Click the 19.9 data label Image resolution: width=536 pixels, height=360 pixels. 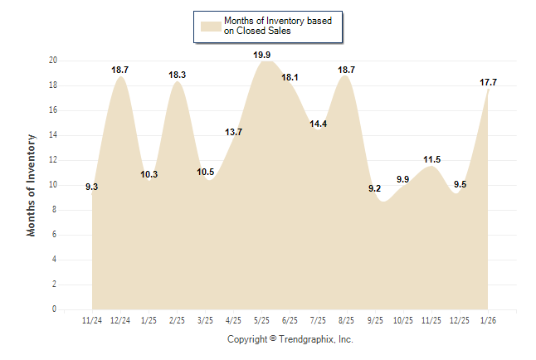pyautogui.click(x=262, y=56)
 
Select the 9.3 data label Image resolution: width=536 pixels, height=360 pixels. pyautogui.click(x=92, y=187)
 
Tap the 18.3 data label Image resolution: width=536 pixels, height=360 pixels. pyautogui.click(x=178, y=75)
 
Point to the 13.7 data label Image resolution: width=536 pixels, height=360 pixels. pyautogui.click(x=234, y=133)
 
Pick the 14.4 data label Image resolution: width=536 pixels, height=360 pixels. pyautogui.click(x=319, y=124)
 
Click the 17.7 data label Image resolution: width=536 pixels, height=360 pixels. pyautogui.click(x=488, y=82)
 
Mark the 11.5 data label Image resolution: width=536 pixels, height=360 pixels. pyautogui.click(x=431, y=159)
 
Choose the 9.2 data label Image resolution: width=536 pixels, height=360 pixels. pyautogui.click(x=374, y=189)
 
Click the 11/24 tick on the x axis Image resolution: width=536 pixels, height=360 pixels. pyautogui.click(x=92, y=319)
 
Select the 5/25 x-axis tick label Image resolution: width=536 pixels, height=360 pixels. pyautogui.click(x=262, y=319)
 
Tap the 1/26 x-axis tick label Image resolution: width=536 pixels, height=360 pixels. pyautogui.click(x=488, y=319)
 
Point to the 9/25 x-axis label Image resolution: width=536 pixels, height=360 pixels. pyautogui.click(x=375, y=319)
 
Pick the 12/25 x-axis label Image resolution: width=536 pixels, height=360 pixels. pyautogui.click(x=460, y=319)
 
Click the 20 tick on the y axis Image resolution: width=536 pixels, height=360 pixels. pyautogui.click(x=52, y=61)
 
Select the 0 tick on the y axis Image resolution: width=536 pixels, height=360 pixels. pyautogui.click(x=54, y=309)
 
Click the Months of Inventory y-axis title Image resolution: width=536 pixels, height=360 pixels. pyautogui.click(x=32, y=185)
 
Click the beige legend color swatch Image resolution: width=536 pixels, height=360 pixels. pyautogui.click(x=210, y=27)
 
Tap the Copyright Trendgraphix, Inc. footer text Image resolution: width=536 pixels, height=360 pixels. pyautogui.click(x=290, y=339)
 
